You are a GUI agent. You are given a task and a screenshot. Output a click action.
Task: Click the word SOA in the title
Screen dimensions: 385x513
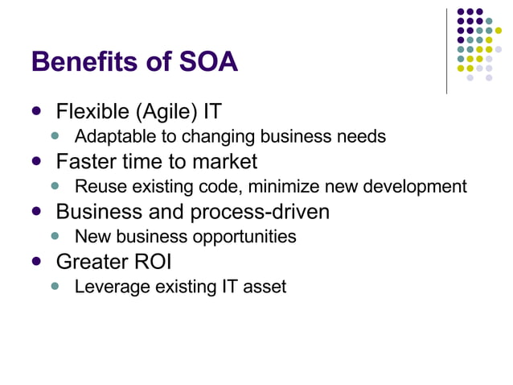coord(210,62)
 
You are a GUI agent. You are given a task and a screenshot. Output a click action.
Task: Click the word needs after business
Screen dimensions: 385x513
coord(360,137)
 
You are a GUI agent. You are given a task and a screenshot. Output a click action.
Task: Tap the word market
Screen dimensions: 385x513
coord(222,162)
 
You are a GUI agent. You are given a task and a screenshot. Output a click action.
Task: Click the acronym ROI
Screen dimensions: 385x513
coord(153,262)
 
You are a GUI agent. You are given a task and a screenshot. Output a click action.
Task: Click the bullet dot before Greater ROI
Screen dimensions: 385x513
coord(36,261)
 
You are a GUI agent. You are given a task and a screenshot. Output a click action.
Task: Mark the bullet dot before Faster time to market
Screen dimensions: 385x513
coord(36,161)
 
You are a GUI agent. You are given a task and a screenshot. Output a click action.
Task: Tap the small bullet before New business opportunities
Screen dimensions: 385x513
coord(55,236)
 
